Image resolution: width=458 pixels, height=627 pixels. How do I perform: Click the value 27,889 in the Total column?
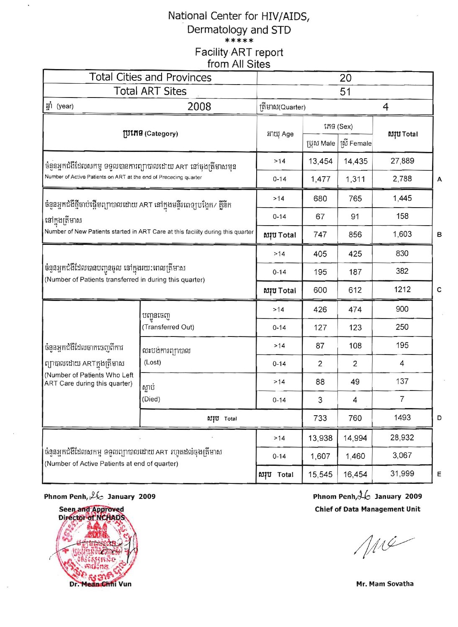402,161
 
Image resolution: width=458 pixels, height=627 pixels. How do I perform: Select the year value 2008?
199,106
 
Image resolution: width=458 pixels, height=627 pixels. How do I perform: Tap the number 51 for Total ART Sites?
345,92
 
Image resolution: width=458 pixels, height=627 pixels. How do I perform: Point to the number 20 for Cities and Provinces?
345,78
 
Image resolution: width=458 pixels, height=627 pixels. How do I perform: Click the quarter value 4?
386,107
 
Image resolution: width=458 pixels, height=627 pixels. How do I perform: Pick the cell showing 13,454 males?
320,162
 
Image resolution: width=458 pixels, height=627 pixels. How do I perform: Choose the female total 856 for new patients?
355,235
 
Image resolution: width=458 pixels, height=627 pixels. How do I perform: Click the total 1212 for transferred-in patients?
402,290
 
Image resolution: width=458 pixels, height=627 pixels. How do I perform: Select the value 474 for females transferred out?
355,310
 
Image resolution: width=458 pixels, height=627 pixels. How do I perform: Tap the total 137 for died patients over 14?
402,381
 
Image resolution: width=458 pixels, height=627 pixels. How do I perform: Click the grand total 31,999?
402,474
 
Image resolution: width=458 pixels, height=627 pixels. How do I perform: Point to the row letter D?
439,418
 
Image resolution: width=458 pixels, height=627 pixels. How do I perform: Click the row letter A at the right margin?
439,179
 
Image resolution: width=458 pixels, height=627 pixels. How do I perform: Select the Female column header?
355,144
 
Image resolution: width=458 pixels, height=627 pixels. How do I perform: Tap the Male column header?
321,144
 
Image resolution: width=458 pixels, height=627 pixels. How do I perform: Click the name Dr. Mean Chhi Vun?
100,584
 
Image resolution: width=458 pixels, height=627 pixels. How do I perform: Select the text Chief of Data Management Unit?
367,509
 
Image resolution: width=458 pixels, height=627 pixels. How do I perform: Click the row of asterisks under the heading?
239,41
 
